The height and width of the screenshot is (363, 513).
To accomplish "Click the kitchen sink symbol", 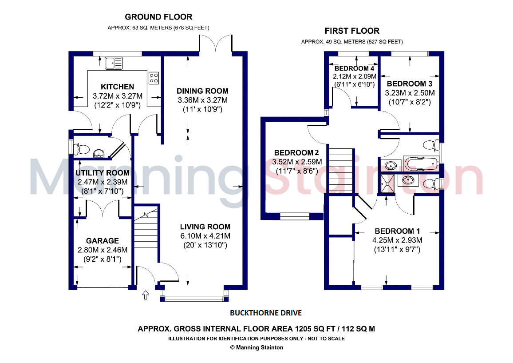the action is tap(114, 63).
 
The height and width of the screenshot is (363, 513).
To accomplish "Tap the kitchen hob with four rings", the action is tap(154, 78).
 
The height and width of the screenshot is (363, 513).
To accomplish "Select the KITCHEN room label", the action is tap(117, 87).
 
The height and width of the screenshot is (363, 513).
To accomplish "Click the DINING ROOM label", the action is tap(202, 91).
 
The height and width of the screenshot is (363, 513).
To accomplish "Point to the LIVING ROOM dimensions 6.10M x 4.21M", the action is tap(205, 235).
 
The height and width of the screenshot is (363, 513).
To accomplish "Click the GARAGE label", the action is tap(103, 241).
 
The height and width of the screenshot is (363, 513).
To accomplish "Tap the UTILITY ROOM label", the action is tap(103, 173).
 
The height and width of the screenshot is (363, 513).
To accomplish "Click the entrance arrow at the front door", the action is tap(146, 295).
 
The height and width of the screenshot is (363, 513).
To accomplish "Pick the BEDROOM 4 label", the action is tap(354, 68).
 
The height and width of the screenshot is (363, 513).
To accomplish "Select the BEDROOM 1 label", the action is tap(397, 231).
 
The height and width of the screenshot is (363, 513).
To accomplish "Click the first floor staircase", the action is tap(341, 171).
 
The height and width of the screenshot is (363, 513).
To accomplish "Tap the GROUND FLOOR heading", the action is tap(158, 17).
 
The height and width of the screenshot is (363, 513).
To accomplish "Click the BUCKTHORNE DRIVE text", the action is tap(265, 313).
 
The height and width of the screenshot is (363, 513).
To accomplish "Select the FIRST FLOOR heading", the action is tap(352, 31).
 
